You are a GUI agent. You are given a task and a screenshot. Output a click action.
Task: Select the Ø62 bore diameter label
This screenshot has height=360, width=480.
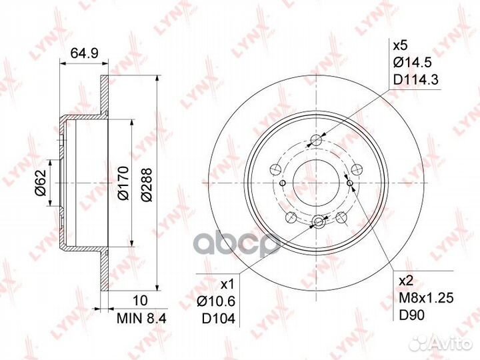pos(41,183)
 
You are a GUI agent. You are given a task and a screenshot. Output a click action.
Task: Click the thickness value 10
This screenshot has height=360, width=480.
pos(141,300)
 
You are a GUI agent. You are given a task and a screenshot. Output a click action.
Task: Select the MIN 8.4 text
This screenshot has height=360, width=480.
pos(141,319)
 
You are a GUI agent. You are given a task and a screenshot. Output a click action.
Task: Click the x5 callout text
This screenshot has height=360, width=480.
pos(401,46)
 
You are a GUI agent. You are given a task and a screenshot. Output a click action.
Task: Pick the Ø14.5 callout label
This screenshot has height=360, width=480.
pos(413,63)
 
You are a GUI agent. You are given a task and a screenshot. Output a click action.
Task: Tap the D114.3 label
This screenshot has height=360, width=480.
pos(416,80)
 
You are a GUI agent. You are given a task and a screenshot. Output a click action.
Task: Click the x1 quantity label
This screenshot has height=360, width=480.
pos(227,285)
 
